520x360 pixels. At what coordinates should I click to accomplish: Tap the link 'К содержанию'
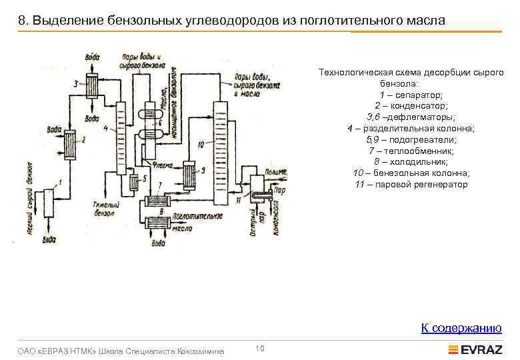point(461,327)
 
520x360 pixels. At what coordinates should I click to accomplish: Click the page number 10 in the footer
point(260,347)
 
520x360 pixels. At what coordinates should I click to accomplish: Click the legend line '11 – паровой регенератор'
point(411,184)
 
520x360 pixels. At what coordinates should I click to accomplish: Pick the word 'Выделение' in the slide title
point(65,21)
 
